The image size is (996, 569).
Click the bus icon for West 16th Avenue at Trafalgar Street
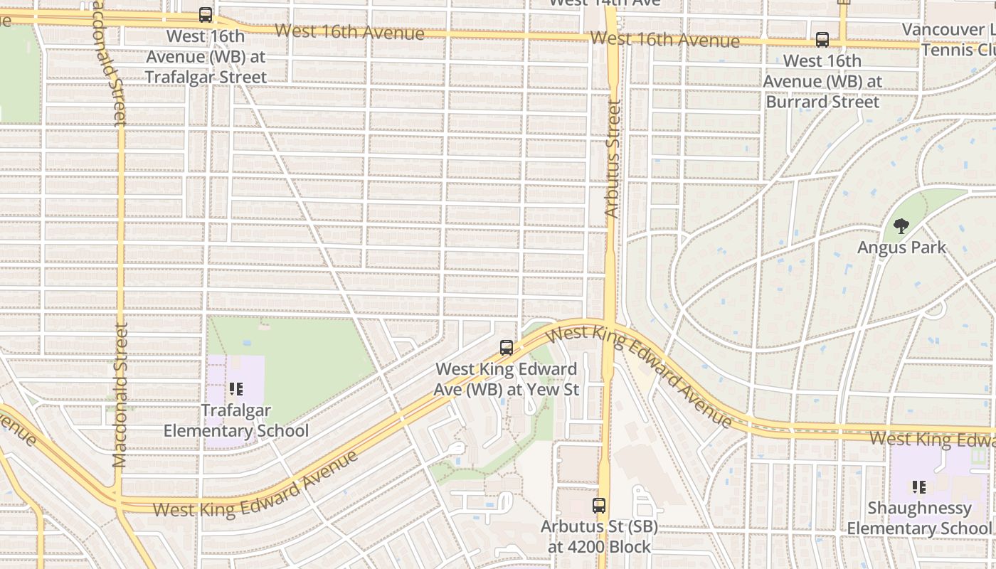point(206,15)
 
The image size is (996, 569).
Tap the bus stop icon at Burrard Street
point(822,40)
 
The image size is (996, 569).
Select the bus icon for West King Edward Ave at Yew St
point(507,348)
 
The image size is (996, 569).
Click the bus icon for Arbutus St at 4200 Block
point(599,506)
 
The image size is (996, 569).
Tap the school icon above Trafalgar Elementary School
point(236,389)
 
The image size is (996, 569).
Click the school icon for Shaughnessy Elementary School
point(918,487)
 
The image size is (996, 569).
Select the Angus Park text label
point(901,248)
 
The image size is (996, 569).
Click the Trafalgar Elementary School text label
point(236,421)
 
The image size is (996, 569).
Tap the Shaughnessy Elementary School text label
point(918,519)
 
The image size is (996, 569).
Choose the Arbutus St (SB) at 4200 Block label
point(599,537)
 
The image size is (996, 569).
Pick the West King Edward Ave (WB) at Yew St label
point(507,379)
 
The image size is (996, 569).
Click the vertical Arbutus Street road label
point(613,159)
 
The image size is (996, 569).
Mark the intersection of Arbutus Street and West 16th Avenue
point(611,36)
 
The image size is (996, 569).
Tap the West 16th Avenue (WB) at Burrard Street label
point(822,81)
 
